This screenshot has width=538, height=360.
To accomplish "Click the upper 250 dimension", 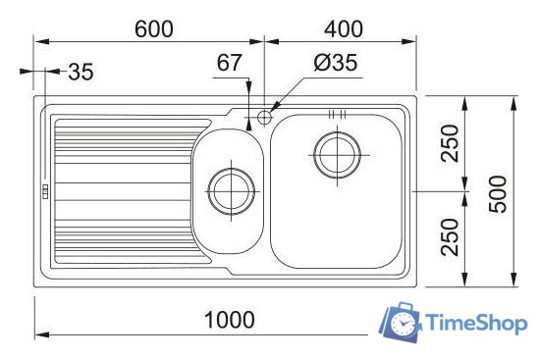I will [449, 144].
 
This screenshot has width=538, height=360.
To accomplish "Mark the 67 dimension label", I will [229, 64].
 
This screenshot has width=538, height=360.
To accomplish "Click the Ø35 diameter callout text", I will [335, 64].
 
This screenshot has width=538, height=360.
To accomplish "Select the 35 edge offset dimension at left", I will [81, 72].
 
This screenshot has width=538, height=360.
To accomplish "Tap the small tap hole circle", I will [264, 118].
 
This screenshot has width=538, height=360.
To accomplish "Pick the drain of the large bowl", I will [337, 154].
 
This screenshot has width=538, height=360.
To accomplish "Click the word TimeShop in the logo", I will [476, 323].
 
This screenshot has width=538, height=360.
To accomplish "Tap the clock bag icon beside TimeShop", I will [401, 321].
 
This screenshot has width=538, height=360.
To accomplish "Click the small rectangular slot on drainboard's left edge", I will [45, 192].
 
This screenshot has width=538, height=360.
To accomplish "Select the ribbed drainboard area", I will [118, 191].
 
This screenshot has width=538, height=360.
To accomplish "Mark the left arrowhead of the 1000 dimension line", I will [40, 336].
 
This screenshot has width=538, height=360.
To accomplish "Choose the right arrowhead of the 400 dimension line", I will [413, 41].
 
